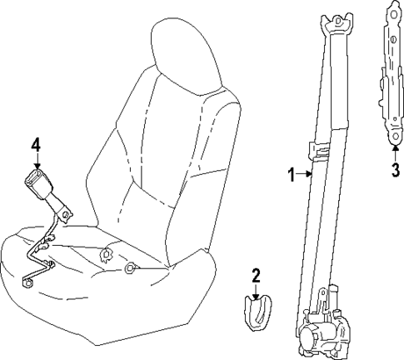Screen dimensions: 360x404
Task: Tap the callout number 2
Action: pyautogui.click(x=257, y=275)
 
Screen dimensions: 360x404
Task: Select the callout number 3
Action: pyautogui.click(x=396, y=172)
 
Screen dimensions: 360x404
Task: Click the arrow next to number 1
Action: pyautogui.click(x=305, y=175)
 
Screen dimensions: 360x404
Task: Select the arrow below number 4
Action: pyautogui.click(x=36, y=162)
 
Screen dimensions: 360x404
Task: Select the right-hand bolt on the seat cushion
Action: pyautogui.click(x=130, y=268)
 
